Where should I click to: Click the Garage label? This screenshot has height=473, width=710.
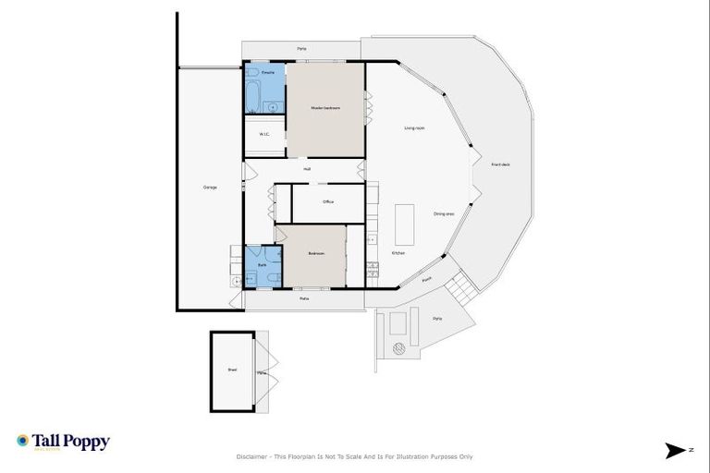click(210, 188)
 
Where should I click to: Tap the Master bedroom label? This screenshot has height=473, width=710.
click(325, 109)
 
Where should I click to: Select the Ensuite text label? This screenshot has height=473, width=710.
click(267, 71)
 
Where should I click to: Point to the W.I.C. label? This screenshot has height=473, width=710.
click(263, 134)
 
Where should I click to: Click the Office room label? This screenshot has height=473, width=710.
click(328, 201)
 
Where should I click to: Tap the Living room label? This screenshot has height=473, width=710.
click(414, 127)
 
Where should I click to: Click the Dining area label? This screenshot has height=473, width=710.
click(444, 214)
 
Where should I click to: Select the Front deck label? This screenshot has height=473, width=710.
click(500, 164)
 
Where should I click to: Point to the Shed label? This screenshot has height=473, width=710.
click(232, 370)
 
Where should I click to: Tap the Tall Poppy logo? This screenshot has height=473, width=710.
click(63, 442)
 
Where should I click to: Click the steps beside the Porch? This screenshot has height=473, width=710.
click(459, 297)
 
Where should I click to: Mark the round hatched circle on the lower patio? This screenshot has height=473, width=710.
click(399, 348)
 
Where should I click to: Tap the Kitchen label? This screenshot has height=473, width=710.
click(398, 253)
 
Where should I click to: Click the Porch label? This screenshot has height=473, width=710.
click(426, 279)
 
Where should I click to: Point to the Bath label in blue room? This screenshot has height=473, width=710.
click(262, 264)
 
